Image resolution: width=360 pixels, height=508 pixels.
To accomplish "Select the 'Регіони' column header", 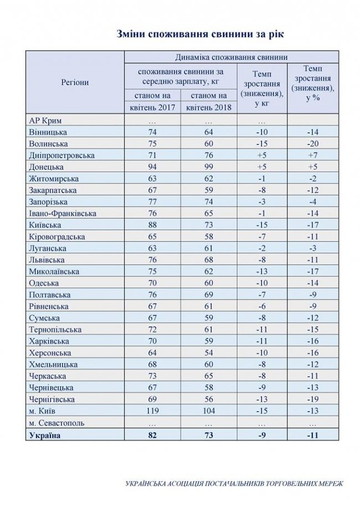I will point(75,82).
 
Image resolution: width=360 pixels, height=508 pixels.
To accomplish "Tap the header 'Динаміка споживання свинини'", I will point(230,56).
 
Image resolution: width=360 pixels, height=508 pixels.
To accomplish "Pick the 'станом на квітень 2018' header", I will point(210,102).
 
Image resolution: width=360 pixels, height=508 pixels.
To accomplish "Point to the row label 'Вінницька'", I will point(47,132).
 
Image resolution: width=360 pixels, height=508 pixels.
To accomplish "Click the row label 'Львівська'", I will point(47,260).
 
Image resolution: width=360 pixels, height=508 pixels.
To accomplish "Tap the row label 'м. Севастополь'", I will point(55,423).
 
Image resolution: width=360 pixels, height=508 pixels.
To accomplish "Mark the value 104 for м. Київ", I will point(210,411).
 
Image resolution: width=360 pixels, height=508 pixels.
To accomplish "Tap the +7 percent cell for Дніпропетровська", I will point(313,155).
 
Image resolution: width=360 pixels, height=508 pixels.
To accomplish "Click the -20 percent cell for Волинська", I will point(313,143).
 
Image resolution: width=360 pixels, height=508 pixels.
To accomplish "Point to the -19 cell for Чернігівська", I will point(313,400).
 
